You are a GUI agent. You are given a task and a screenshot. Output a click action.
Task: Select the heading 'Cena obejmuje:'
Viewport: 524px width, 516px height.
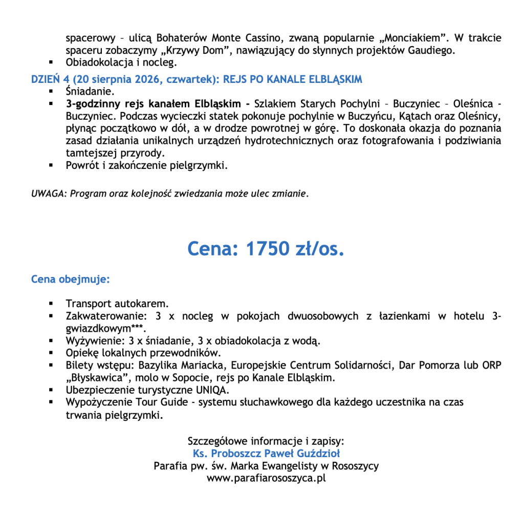pos(71,279)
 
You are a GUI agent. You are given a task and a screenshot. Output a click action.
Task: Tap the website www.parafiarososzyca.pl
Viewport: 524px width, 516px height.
pos(266,479)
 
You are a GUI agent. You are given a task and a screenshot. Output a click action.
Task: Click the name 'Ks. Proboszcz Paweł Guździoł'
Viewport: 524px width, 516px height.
pos(266,454)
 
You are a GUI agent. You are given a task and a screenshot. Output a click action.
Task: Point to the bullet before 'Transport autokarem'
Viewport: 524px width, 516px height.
pos(52,304)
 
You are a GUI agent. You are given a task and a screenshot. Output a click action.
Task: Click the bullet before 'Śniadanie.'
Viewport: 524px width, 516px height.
pos(52,92)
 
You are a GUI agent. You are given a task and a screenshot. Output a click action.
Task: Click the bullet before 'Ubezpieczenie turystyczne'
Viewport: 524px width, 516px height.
pos(52,391)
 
